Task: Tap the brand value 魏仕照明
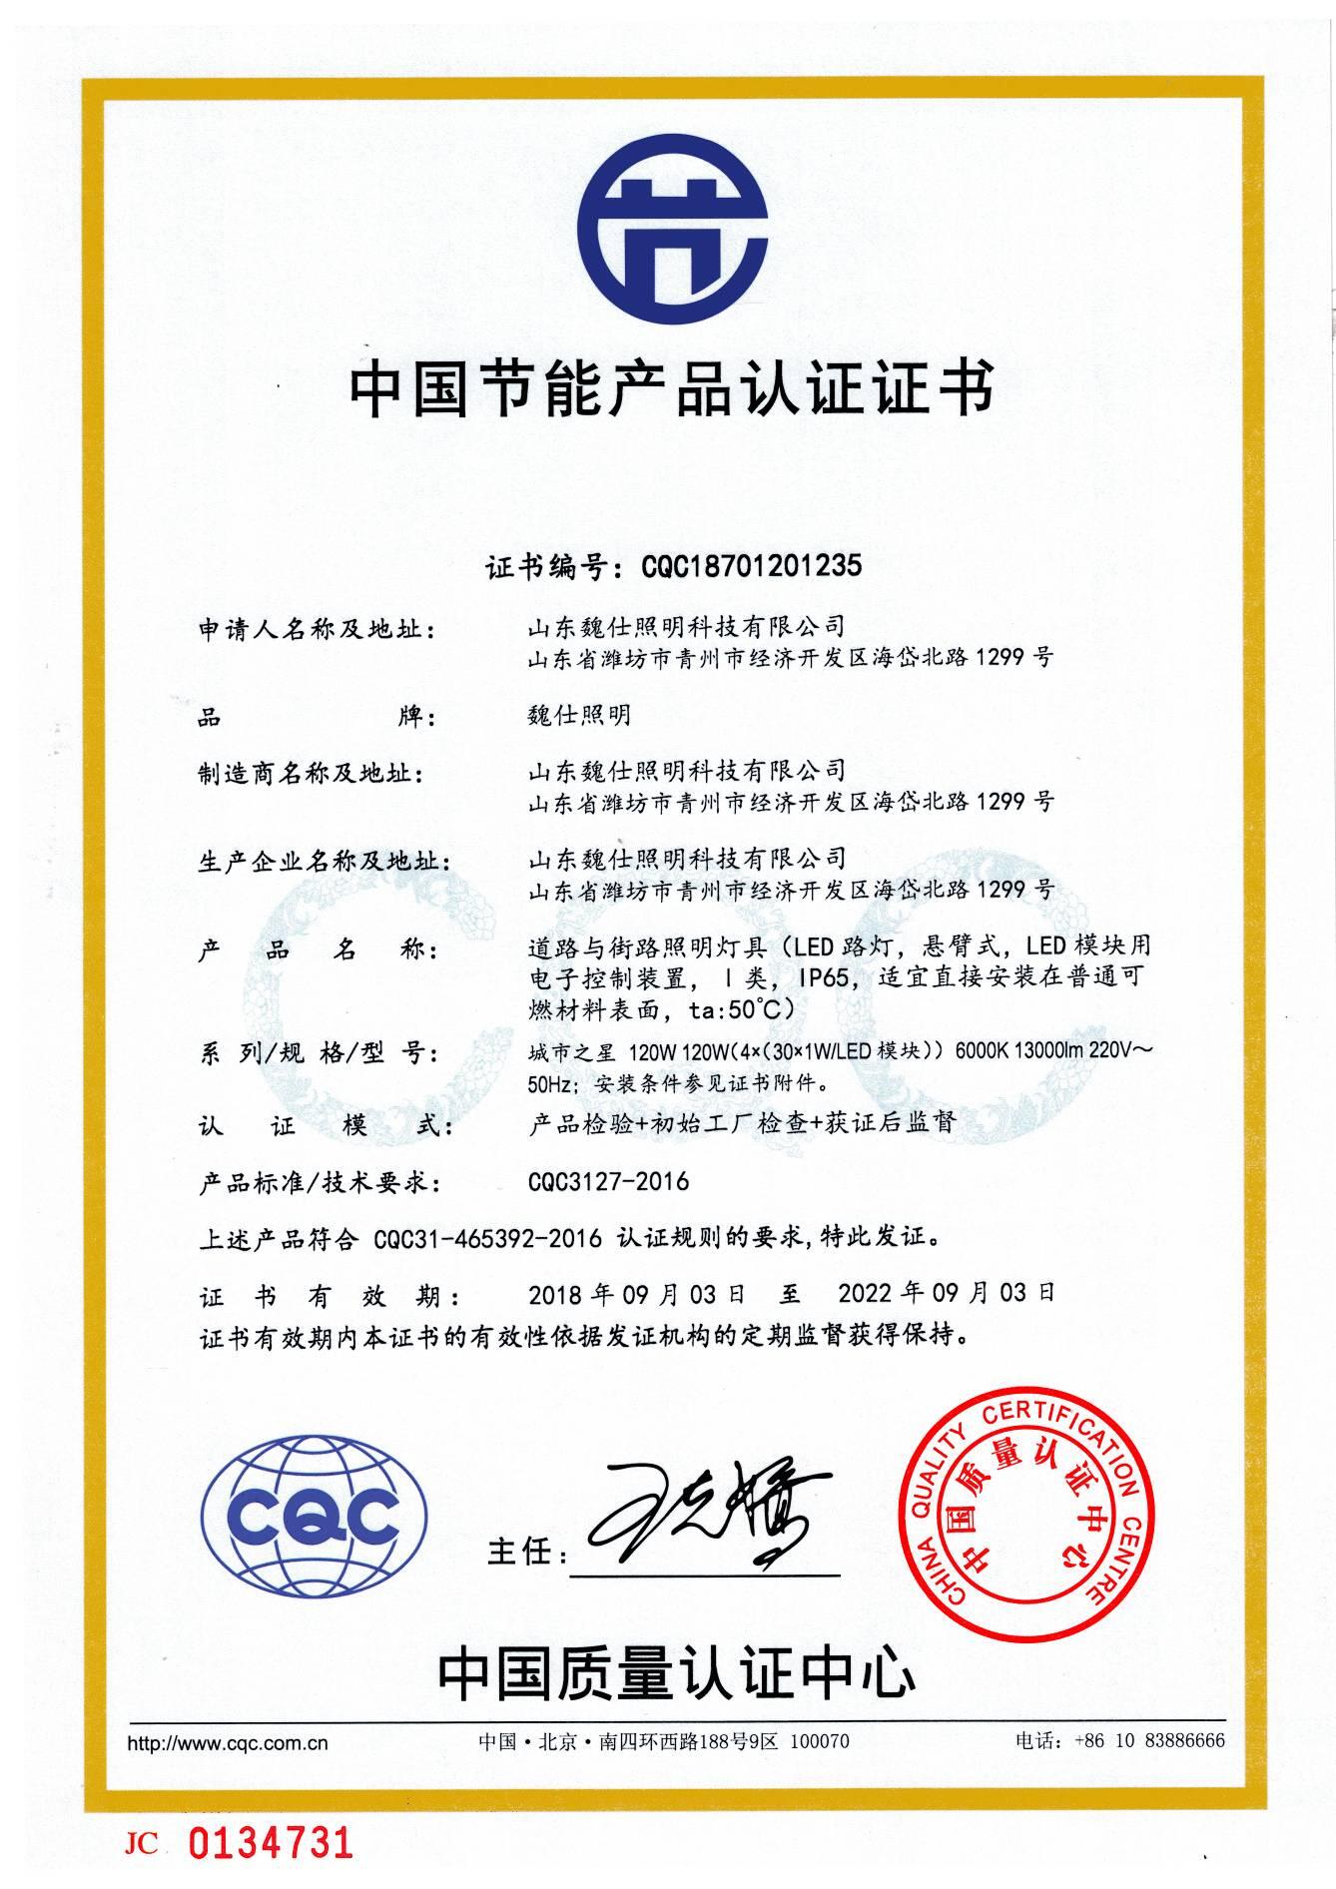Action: point(579,715)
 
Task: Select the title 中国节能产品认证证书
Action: point(671,389)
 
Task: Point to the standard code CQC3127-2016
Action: point(608,1182)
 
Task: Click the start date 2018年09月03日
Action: point(637,1294)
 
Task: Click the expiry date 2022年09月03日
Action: point(947,1293)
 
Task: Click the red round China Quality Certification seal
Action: point(1029,1518)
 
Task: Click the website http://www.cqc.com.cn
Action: point(228,1744)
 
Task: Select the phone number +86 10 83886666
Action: point(1149,1741)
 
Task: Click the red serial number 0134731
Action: point(272,1842)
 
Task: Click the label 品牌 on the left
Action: point(318,717)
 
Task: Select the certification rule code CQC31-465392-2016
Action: point(487,1239)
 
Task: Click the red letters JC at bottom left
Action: point(142,1843)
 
